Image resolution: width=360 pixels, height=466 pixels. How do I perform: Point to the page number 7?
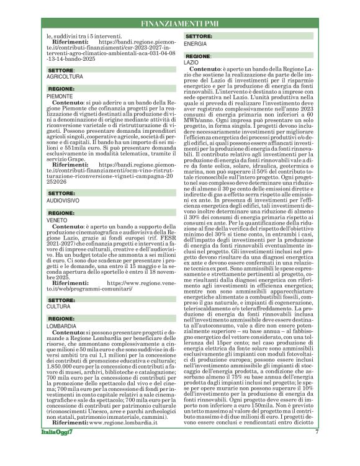[x=317, y=449]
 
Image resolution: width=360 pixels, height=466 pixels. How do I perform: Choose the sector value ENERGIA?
[x=196, y=45]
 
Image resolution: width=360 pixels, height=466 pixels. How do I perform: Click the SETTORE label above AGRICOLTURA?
[x=62, y=71]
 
